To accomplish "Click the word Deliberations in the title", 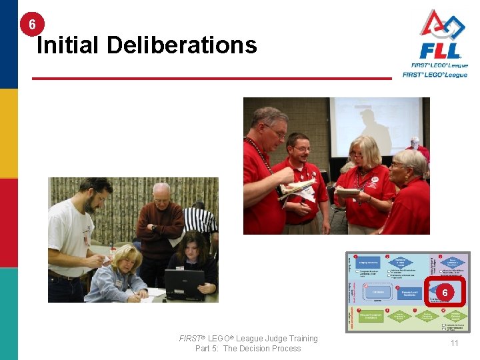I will click(x=181, y=45).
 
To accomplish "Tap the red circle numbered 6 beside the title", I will click(x=32, y=25).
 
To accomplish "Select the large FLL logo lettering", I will click(x=439, y=51).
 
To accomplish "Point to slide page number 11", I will click(x=454, y=343).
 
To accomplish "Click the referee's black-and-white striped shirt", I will click(x=201, y=220).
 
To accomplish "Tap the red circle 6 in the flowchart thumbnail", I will click(x=444, y=292).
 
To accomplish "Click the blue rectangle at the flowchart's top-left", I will click(x=368, y=262).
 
